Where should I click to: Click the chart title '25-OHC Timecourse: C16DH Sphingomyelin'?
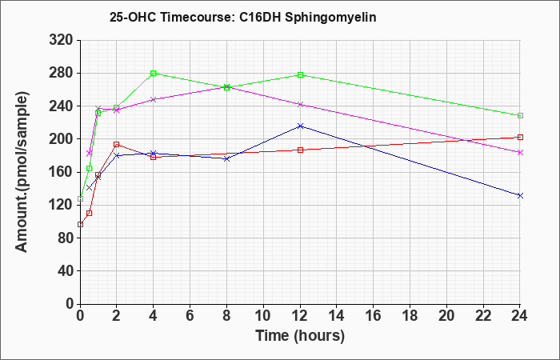(243, 17)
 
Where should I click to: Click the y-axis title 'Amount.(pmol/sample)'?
(22, 172)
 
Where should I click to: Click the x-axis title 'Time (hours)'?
(300, 336)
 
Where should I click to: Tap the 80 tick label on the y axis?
(65, 238)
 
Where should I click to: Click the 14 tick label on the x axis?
(337, 315)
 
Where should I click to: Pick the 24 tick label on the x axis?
(520, 315)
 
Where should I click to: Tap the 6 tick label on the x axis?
(190, 315)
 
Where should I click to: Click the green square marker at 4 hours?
(154, 74)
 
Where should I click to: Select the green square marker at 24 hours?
(520, 116)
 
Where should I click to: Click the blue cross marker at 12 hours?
(300, 126)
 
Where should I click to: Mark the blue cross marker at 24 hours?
(520, 195)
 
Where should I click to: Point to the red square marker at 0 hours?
(80, 225)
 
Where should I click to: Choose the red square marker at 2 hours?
(117, 145)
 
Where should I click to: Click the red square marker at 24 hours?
(520, 137)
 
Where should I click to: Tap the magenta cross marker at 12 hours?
(300, 104)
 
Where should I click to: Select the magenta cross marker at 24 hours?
(520, 153)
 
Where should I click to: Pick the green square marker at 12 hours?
(300, 74)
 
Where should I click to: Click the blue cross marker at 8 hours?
(226, 159)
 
